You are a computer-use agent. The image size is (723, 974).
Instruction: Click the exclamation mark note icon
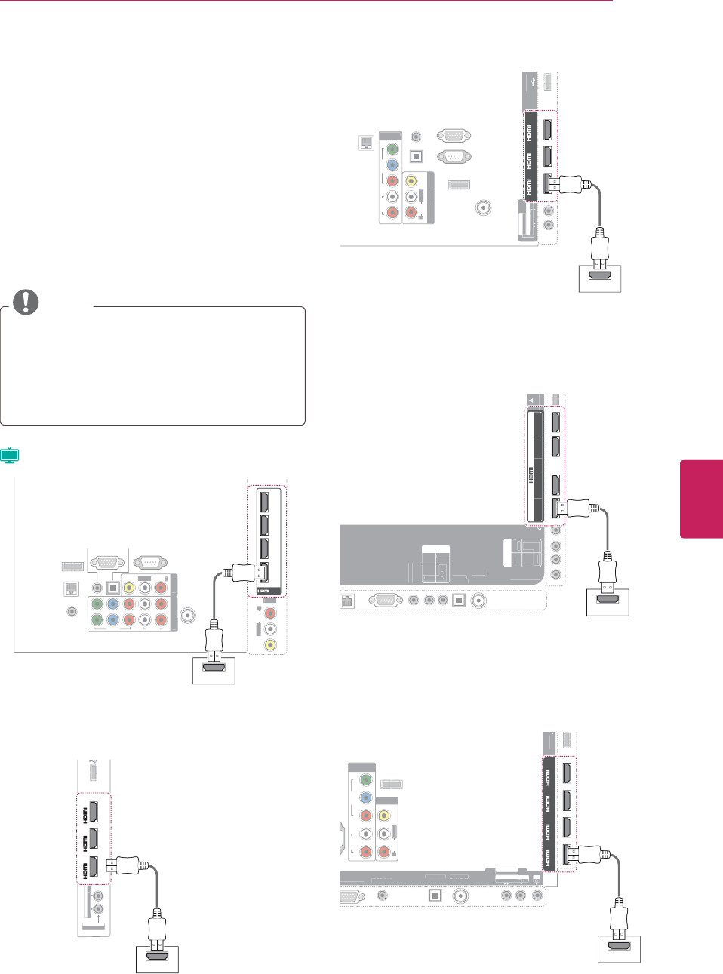pyautogui.click(x=26, y=302)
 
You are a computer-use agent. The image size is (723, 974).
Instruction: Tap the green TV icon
pyautogui.click(x=9, y=455)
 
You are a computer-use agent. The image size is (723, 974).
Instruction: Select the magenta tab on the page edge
pyautogui.click(x=702, y=499)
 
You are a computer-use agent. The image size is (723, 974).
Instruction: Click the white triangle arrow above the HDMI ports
pyautogui.click(x=531, y=400)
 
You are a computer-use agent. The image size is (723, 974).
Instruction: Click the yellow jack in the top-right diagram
pyautogui.click(x=411, y=181)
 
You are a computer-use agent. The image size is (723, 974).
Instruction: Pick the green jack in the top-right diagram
pyautogui.click(x=392, y=149)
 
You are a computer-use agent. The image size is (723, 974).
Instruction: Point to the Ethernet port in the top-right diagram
pyautogui.click(x=366, y=143)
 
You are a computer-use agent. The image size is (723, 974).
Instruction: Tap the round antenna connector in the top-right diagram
pyautogui.click(x=484, y=207)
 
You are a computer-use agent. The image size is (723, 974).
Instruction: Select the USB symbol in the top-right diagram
pyautogui.click(x=534, y=81)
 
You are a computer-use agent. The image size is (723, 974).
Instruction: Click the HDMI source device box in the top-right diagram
pyautogui.click(x=600, y=278)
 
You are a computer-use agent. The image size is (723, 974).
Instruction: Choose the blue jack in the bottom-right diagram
pyautogui.click(x=366, y=797)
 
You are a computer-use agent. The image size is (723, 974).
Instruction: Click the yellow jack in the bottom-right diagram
pyautogui.click(x=384, y=816)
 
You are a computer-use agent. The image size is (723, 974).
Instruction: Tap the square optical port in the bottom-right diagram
pyautogui.click(x=435, y=896)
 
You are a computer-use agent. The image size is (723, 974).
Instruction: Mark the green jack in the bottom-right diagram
pyautogui.click(x=366, y=780)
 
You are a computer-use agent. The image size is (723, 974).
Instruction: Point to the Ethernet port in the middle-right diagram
pyautogui.click(x=348, y=601)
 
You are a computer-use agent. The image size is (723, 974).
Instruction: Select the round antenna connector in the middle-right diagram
pyautogui.click(x=478, y=601)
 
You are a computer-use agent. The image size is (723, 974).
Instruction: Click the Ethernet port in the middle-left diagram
pyautogui.click(x=72, y=588)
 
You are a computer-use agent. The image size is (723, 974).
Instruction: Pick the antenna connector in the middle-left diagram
pyautogui.click(x=187, y=616)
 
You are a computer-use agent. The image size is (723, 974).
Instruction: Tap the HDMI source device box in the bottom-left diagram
pyautogui.click(x=157, y=959)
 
